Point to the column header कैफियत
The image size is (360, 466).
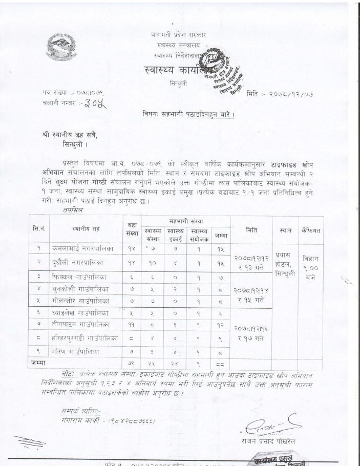click(x=311, y=230)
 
